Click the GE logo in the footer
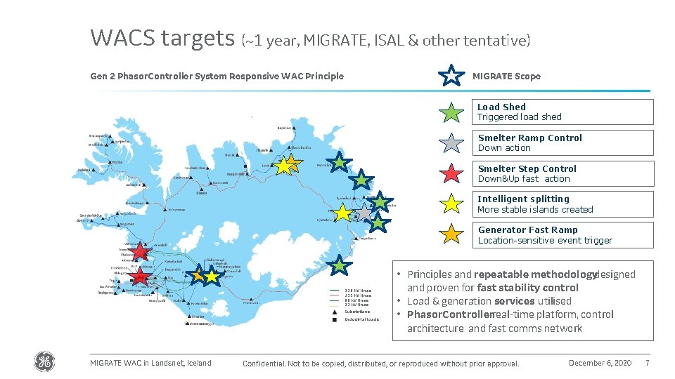click(44, 362)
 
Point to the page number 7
click(647, 363)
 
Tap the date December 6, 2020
click(600, 363)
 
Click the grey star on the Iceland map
click(364, 212)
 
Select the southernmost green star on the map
click(340, 265)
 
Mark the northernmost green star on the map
click(339, 163)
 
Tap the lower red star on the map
click(141, 276)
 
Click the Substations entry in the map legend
click(356, 312)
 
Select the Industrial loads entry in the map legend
click(361, 319)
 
